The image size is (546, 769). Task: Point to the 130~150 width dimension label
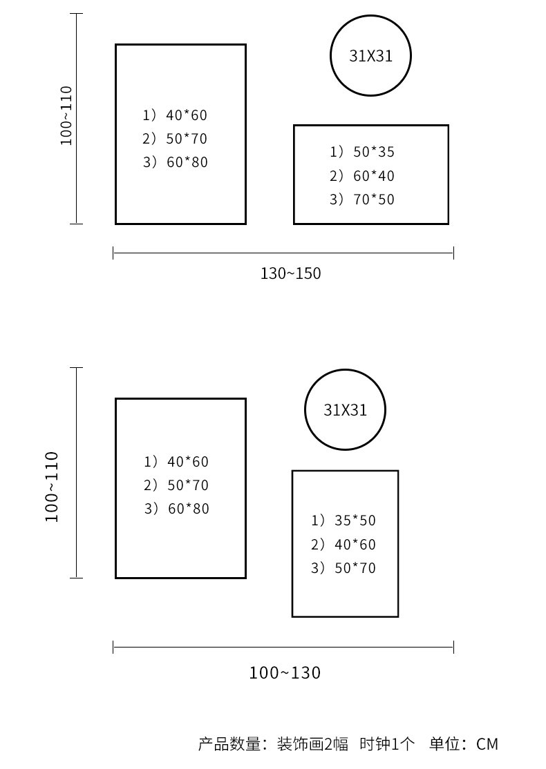[291, 273]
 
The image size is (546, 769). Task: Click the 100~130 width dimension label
[285, 672]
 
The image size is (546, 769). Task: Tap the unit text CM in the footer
[487, 744]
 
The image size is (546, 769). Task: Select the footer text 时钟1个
[387, 744]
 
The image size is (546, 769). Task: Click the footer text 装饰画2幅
[312, 744]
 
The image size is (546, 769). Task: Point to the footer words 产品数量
[229, 744]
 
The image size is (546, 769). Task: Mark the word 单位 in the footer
[445, 744]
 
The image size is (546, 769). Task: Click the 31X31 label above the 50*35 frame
[370, 56]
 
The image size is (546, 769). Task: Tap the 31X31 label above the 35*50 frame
[345, 410]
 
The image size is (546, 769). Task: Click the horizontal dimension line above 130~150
[283, 253]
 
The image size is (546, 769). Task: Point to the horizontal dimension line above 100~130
[283, 647]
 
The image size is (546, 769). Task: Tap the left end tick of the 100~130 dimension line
[113, 647]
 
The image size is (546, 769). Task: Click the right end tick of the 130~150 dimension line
[453, 253]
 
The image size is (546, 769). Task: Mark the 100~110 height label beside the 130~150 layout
[66, 116]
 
